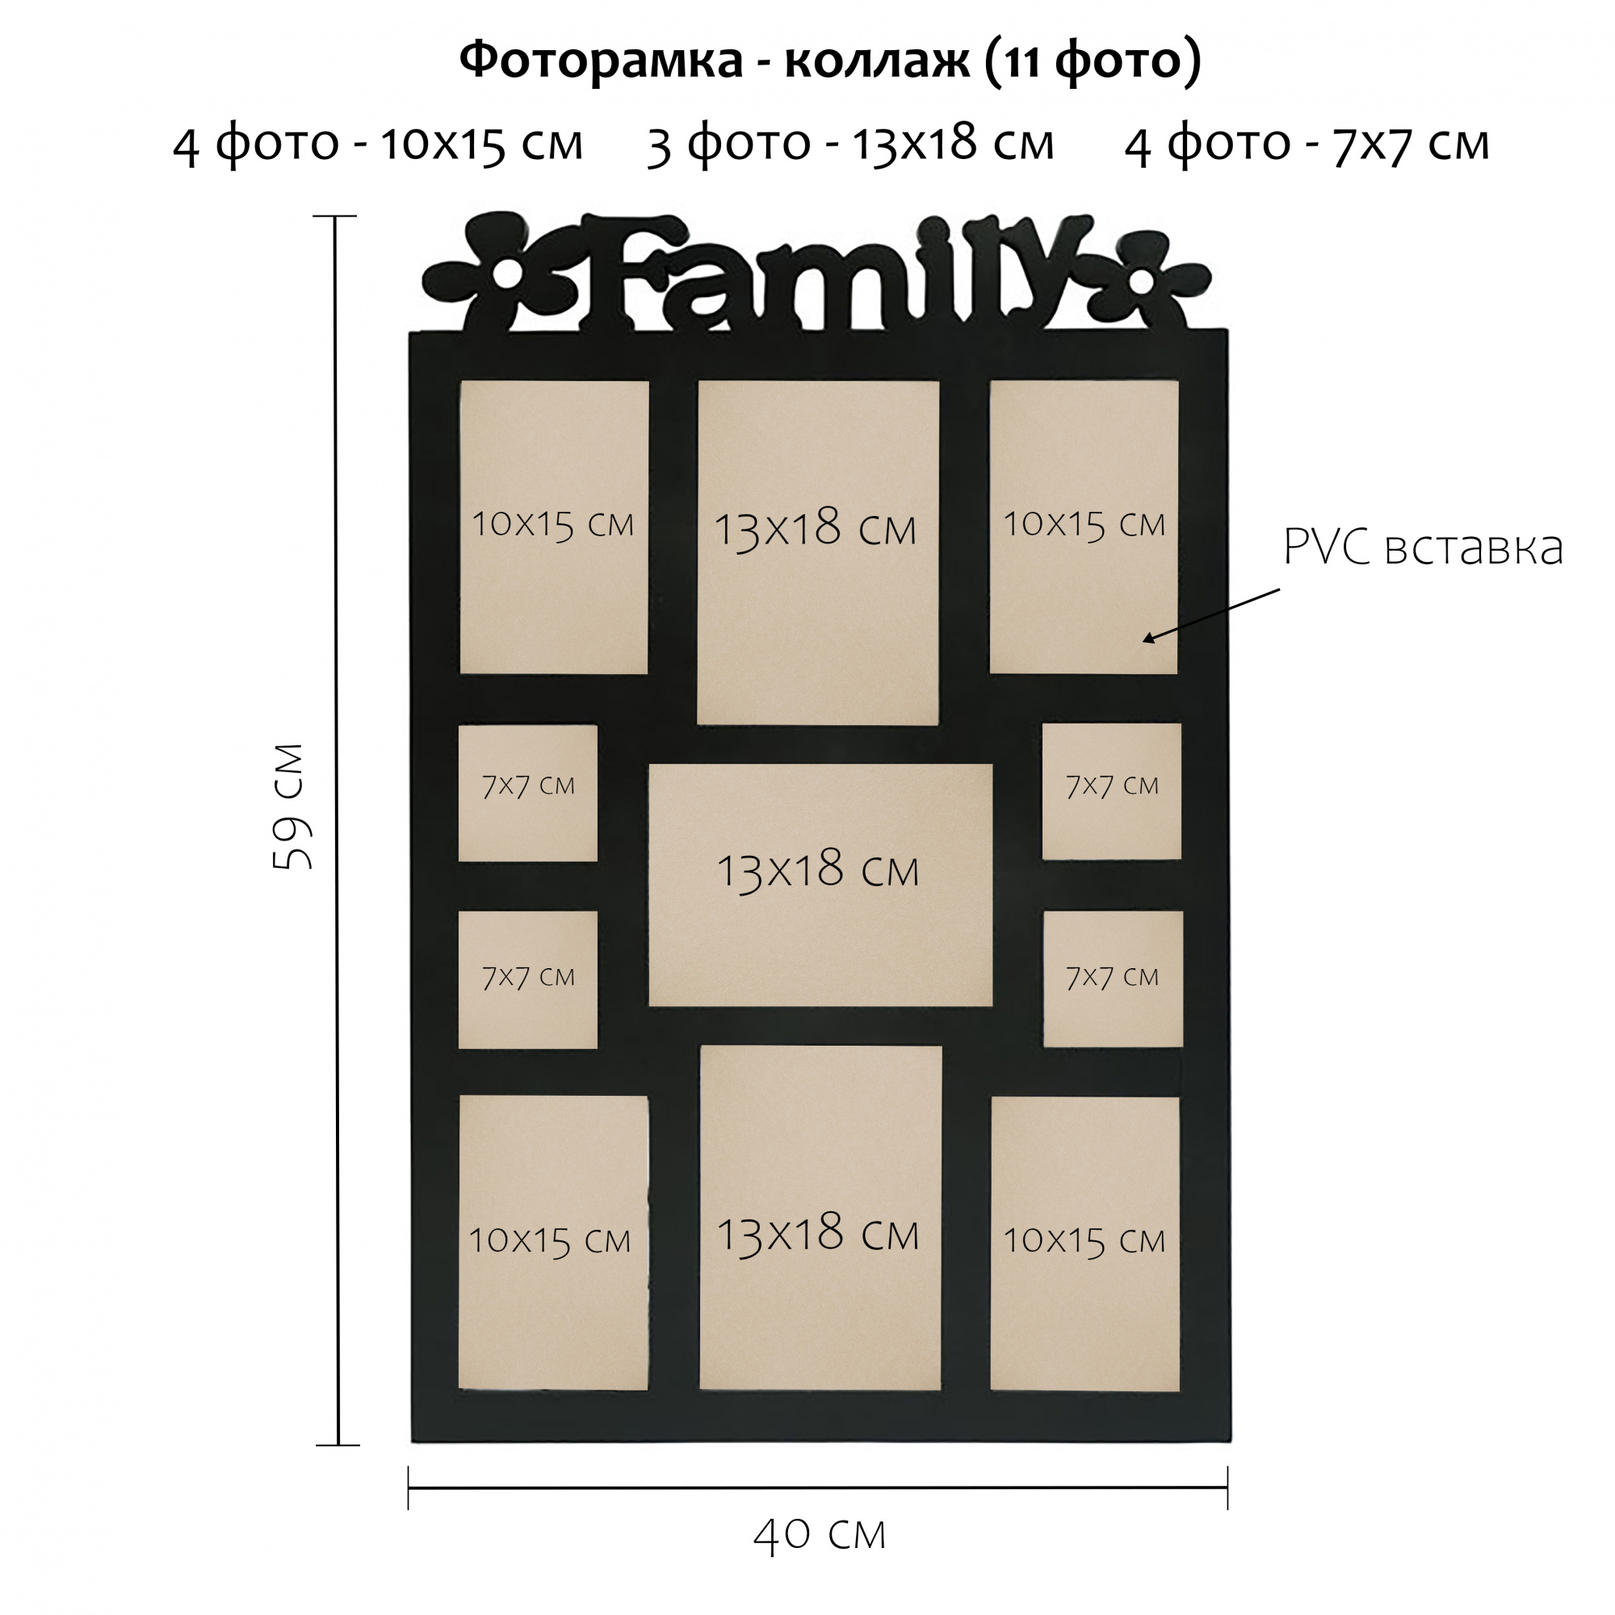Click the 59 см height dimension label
292,807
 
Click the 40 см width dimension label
818,1534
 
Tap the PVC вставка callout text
1422,547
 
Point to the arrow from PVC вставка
1211,615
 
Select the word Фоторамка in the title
601,61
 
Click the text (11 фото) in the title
1093,61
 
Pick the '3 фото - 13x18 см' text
850,144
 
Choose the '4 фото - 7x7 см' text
1307,144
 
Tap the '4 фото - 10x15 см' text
378,144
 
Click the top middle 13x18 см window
817,552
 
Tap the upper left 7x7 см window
527,792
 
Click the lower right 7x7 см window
1113,978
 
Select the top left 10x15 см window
553,526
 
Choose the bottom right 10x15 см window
1084,1243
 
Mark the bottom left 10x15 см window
552,1243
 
